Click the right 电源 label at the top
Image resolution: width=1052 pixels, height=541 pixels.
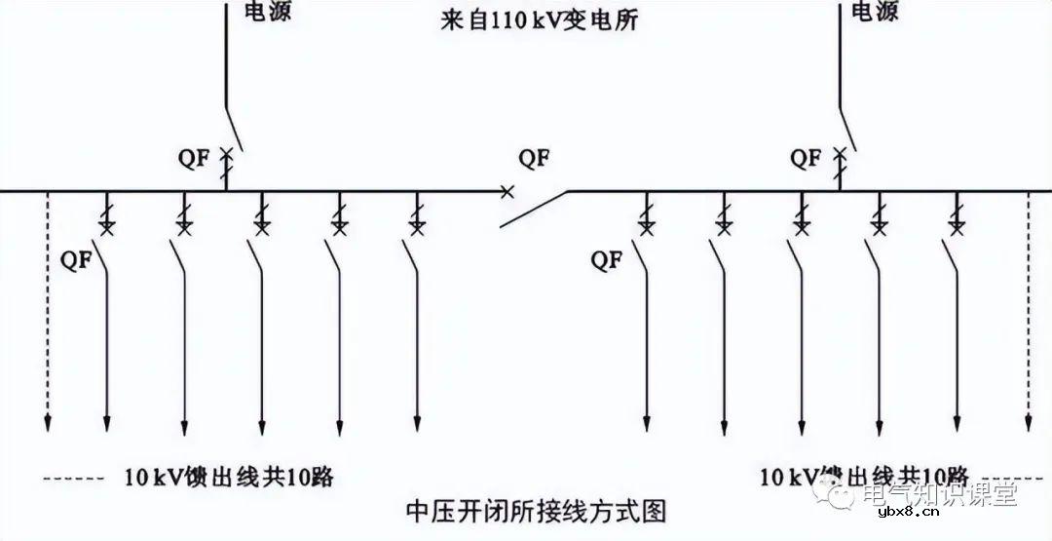click(874, 12)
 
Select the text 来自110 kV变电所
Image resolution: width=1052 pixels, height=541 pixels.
click(539, 19)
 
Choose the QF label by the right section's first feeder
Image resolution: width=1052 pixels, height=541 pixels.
click(606, 259)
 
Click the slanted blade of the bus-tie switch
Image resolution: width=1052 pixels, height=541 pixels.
click(534, 209)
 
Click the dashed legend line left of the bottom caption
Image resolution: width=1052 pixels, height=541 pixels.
click(73, 479)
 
